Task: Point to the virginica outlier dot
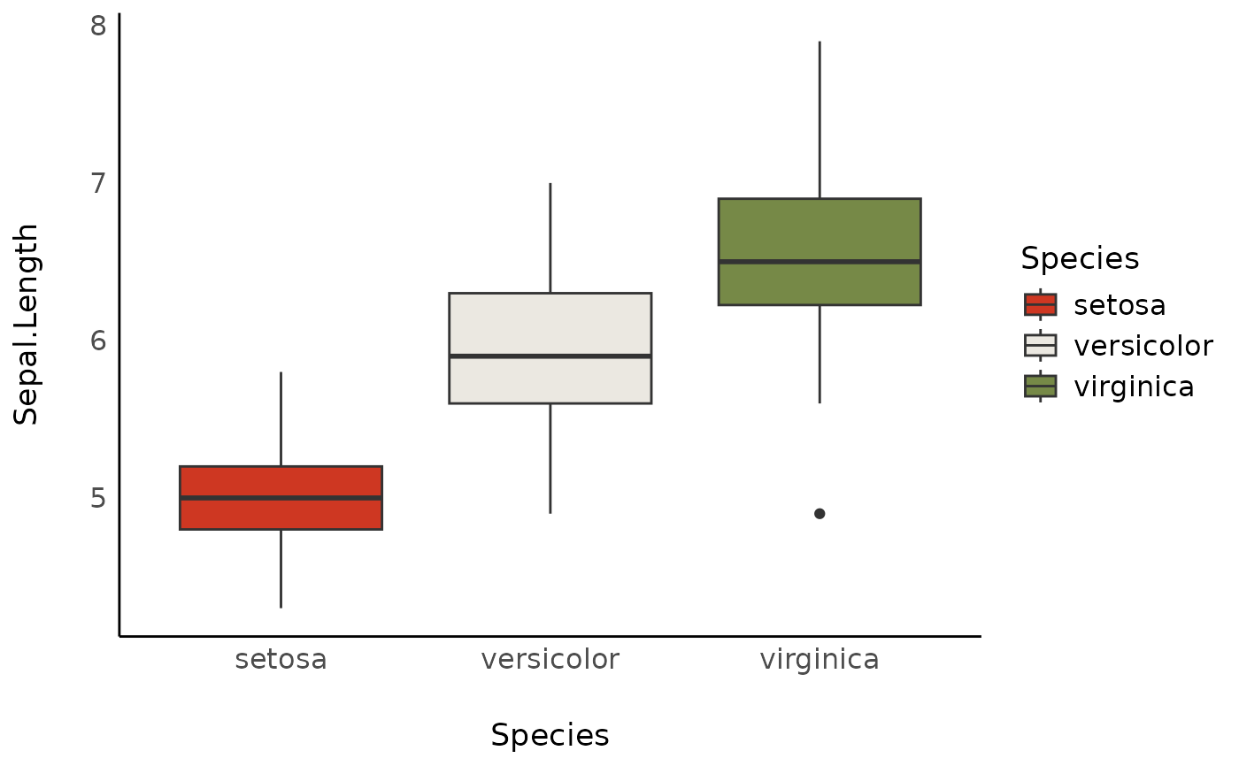820,514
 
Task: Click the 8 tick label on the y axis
98,26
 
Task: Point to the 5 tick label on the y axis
98,498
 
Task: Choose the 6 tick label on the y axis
98,341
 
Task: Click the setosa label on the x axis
281,660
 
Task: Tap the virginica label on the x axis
819,660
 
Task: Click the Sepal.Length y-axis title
27,324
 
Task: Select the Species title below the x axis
550,736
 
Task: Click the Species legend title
1079,258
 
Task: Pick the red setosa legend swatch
1040,304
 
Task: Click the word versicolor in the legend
1143,346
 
